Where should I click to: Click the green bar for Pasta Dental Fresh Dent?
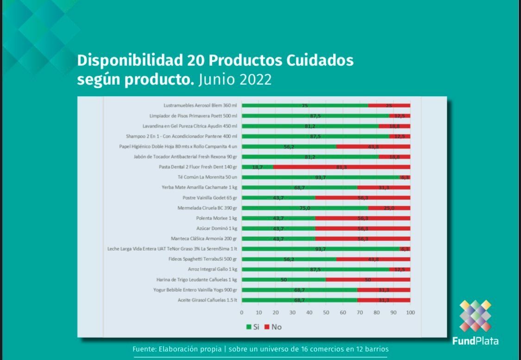[257, 167]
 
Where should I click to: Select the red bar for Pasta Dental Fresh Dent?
[341, 167]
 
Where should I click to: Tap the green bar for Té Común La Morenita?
[320, 177]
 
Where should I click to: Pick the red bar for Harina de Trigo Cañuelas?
[368, 280]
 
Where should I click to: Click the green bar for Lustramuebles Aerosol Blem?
[305, 106]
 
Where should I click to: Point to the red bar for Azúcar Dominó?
[363, 228]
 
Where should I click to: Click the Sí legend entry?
[252, 327]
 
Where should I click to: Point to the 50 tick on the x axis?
[326, 312]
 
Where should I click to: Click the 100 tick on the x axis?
[410, 312]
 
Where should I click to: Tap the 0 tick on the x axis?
[242, 312]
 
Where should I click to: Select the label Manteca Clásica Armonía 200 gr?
[204, 239]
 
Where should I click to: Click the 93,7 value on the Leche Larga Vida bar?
[320, 249]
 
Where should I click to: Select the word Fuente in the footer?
[144, 349]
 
